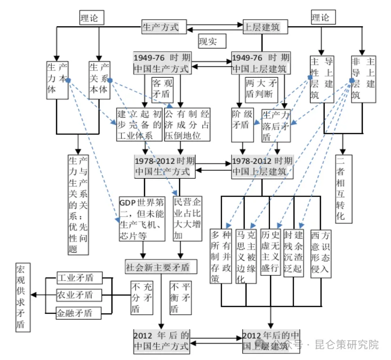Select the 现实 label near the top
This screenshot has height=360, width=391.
[x=207, y=41]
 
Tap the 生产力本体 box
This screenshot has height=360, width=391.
[x=56, y=80]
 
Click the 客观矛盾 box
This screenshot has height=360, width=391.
[x=162, y=89]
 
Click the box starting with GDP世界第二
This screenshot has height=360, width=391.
[x=142, y=219]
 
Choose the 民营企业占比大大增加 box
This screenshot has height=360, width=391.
[x=188, y=219]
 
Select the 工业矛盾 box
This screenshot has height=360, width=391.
[x=74, y=277]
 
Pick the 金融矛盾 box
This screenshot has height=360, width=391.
[x=74, y=313]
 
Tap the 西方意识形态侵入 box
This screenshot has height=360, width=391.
[x=321, y=255]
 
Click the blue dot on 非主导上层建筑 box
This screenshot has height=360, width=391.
[x=351, y=81]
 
